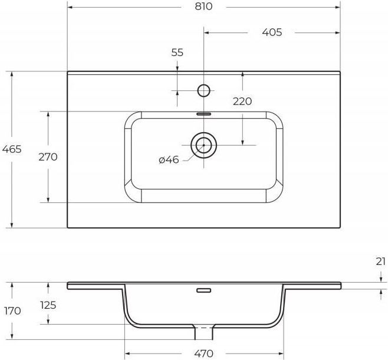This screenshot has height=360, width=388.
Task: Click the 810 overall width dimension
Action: [203, 6]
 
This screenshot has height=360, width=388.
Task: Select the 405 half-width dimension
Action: [272, 32]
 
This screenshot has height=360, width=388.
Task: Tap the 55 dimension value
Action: [177, 53]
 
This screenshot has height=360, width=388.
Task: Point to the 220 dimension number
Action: [242, 102]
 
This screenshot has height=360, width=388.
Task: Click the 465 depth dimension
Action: [12, 149]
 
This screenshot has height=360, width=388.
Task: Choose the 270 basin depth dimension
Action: [48, 157]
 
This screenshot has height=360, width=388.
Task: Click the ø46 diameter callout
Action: [169, 160]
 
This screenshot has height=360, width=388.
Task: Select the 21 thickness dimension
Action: [381, 261]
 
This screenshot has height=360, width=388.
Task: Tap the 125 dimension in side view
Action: [48, 305]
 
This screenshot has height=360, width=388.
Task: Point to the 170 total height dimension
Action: [12, 311]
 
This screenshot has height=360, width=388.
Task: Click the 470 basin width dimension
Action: [203, 354]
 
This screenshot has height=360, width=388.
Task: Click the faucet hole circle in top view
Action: [203, 91]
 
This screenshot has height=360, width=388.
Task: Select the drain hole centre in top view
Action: [203, 145]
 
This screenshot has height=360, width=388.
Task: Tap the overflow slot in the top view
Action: [203, 114]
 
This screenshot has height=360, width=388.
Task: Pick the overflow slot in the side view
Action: [203, 290]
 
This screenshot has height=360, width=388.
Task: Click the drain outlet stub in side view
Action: [203, 332]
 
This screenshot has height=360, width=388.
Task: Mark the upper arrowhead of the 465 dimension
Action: [12, 74]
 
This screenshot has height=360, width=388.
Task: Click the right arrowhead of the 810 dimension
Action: [337, 7]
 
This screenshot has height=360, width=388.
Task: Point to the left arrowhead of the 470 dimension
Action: [127, 354]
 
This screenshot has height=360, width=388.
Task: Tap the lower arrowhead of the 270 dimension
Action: [48, 200]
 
